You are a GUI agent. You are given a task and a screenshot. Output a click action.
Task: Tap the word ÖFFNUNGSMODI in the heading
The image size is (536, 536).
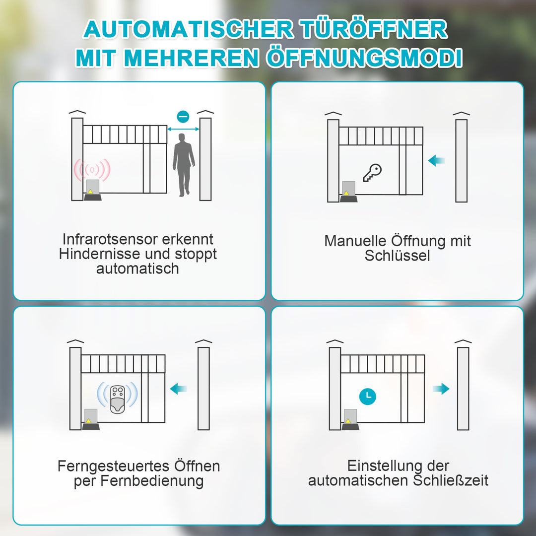(x=364, y=58)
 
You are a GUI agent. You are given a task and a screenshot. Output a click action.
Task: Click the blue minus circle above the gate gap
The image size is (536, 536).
(x=183, y=117)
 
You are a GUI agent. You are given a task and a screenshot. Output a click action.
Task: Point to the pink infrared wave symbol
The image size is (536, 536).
(x=92, y=170)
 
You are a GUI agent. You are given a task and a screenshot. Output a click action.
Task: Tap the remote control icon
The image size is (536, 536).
(x=117, y=398)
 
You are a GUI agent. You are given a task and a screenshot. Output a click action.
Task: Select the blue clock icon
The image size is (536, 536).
(x=368, y=396)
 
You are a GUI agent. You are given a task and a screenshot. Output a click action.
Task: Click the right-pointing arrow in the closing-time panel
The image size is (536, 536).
(x=440, y=389)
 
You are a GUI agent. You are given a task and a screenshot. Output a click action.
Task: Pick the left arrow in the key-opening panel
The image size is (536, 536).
(x=437, y=160)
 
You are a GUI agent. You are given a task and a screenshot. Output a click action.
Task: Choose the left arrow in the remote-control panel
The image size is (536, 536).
(x=178, y=389)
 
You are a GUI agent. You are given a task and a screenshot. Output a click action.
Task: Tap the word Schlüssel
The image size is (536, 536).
(x=397, y=256)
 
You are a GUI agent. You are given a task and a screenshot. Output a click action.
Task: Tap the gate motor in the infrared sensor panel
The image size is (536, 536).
(x=93, y=191)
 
